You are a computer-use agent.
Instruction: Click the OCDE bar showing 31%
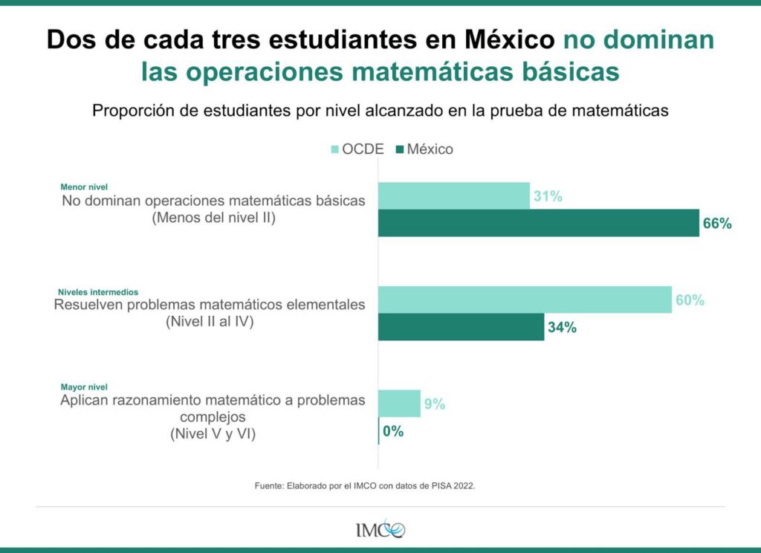(x=454, y=196)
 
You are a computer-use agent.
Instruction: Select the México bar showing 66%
(x=538, y=223)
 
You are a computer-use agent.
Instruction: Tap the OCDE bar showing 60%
(x=525, y=300)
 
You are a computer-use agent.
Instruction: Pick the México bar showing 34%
(x=461, y=327)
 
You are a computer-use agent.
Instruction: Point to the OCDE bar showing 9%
(x=399, y=404)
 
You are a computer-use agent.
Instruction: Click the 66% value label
(x=717, y=223)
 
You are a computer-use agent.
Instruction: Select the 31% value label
(x=548, y=197)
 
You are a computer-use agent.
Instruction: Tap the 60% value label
(x=690, y=300)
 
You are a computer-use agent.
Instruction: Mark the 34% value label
(x=562, y=328)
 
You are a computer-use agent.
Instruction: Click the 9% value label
(x=435, y=404)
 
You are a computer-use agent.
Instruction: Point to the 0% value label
(x=393, y=431)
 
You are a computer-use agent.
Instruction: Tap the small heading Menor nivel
(x=84, y=187)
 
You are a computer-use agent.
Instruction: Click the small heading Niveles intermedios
(x=98, y=292)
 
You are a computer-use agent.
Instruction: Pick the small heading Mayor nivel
(x=84, y=387)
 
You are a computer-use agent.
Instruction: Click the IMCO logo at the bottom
(x=380, y=529)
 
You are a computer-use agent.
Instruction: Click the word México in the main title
(x=510, y=39)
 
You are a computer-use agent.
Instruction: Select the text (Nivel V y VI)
(x=213, y=434)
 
